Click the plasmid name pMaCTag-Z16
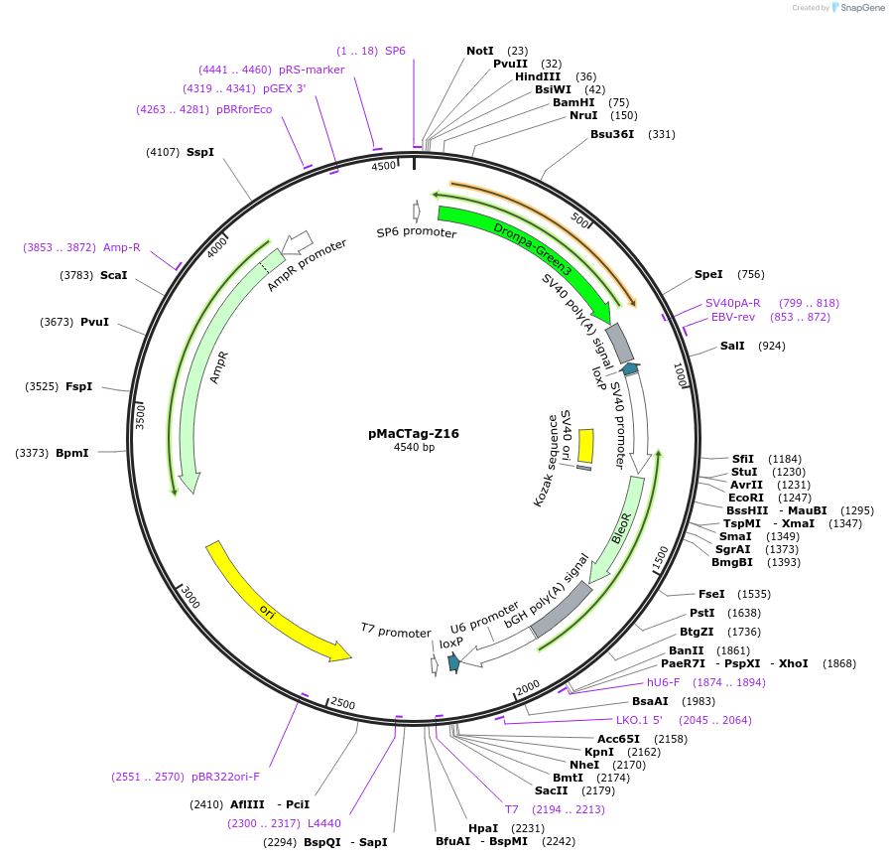coord(413,433)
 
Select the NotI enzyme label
coord(480,51)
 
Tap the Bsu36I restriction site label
coord(611,134)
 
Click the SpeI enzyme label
coord(708,274)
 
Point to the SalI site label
coord(732,346)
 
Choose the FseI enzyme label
coord(711,593)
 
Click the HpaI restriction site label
coord(483,827)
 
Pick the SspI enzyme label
coord(200,152)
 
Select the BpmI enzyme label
coord(72,453)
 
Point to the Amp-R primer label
coord(122,247)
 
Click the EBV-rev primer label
coord(733,317)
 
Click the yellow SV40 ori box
coord(585,445)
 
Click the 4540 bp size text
coord(414,448)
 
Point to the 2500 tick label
coord(342,704)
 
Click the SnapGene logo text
coord(858,8)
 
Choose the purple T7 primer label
coord(512,809)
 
